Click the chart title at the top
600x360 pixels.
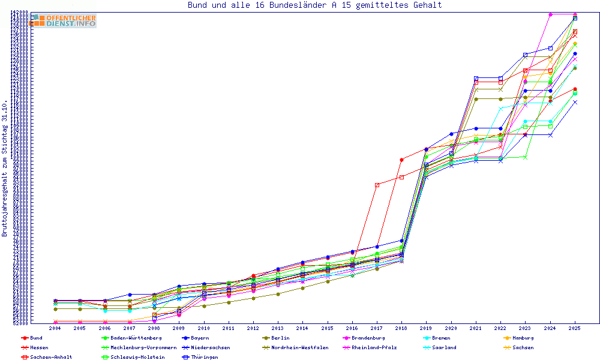pos(314,5)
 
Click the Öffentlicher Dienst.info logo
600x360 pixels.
pos(64,20)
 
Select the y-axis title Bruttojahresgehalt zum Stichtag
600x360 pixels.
pos(5,168)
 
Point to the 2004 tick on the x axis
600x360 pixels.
pos(55,328)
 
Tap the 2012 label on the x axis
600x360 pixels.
pos(253,328)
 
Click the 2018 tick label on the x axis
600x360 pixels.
pos(401,328)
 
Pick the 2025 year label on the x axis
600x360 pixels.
pos(575,328)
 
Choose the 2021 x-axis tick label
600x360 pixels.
pos(476,328)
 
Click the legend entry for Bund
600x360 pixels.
pos(36,338)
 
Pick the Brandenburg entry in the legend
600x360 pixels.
pos(369,338)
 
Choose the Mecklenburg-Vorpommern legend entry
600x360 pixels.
pos(143,347)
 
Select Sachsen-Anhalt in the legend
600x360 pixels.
pos(52,357)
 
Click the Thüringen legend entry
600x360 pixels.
pos(206,357)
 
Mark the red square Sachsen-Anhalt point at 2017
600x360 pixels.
pos(377,185)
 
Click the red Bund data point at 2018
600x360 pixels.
pos(401,160)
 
